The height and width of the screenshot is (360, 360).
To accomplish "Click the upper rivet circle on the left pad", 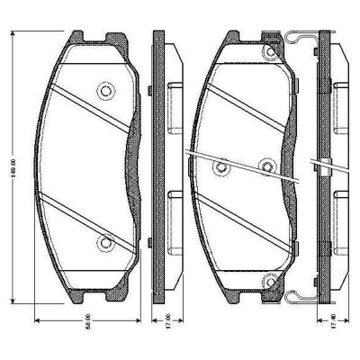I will (x=105, y=91).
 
